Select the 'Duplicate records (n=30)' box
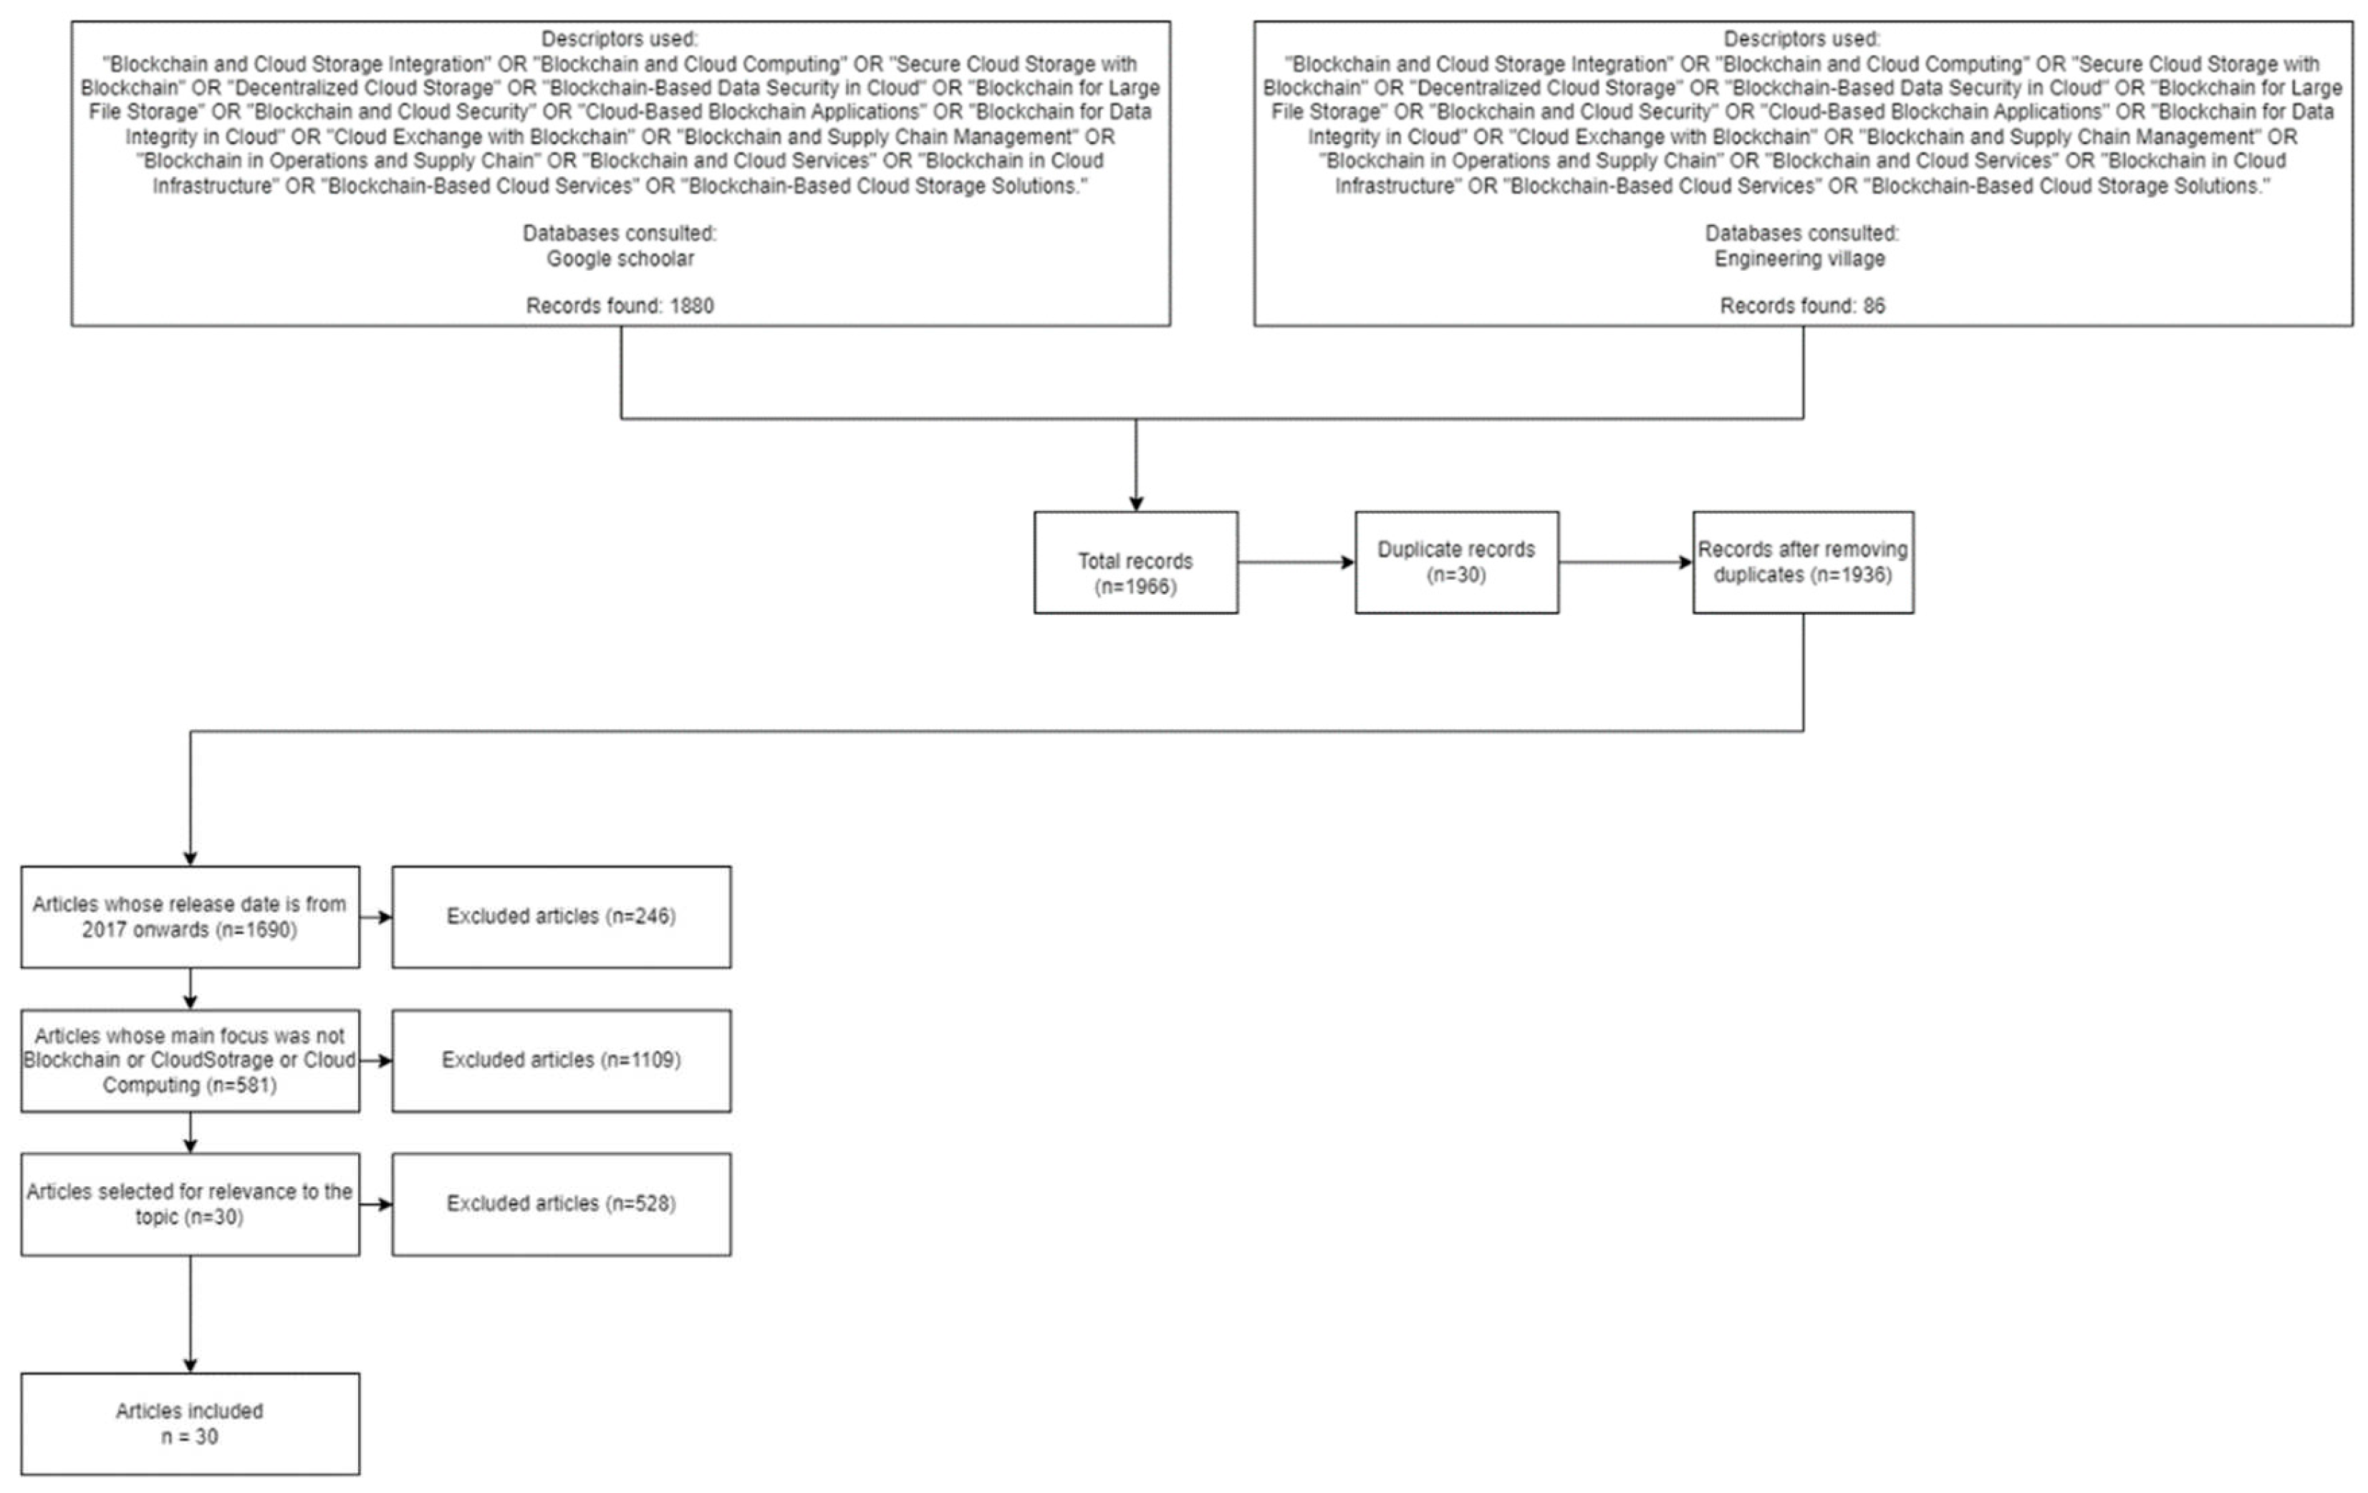(1455, 562)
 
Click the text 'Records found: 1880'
(620, 306)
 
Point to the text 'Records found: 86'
(1801, 306)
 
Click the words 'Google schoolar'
(620, 259)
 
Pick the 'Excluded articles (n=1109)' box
(561, 1060)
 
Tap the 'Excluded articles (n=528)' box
(561, 1203)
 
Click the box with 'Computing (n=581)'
(190, 1060)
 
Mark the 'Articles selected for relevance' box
(190, 1203)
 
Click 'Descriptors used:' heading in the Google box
(620, 39)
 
